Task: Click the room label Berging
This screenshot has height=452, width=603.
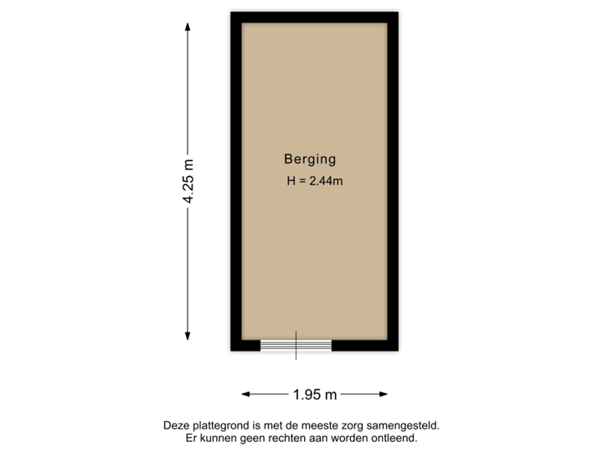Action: pyautogui.click(x=310, y=158)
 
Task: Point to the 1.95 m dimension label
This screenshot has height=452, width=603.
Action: pyautogui.click(x=314, y=393)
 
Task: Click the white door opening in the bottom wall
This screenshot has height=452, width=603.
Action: pyautogui.click(x=296, y=345)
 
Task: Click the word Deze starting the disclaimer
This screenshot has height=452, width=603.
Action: pyautogui.click(x=178, y=426)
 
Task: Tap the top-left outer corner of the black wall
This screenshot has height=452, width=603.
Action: pyautogui.click(x=228, y=9)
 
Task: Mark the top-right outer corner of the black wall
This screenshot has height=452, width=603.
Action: pyautogui.click(x=401, y=9)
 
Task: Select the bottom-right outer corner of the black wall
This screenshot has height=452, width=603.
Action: pyautogui.click(x=401, y=354)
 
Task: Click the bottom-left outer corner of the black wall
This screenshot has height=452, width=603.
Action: pyautogui.click(x=228, y=354)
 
